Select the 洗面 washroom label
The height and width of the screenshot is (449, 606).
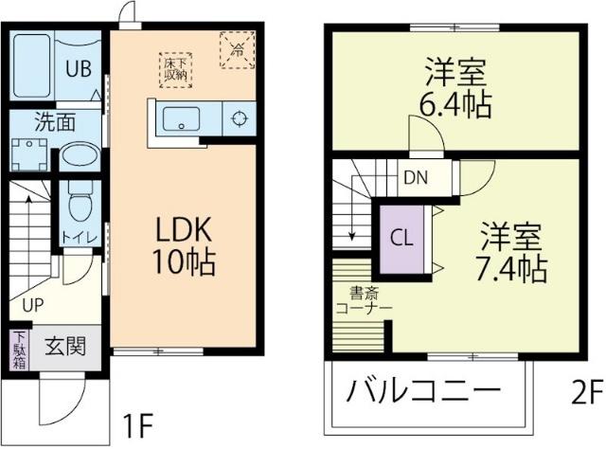tap(56, 122)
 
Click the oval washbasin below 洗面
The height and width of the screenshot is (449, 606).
tap(78, 157)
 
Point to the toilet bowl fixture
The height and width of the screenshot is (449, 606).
tap(80, 201)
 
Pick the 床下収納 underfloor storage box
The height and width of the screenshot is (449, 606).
tap(173, 67)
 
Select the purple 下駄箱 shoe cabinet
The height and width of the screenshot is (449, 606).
tap(19, 350)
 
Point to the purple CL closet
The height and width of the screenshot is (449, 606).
tap(402, 238)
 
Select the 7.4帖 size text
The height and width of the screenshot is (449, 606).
tap(511, 267)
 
